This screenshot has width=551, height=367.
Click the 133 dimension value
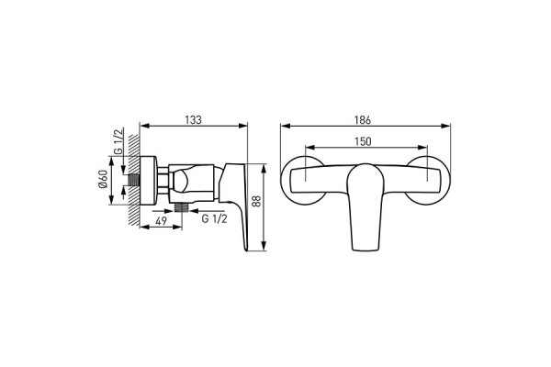point(193,120)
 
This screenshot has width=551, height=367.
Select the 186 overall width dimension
point(363,120)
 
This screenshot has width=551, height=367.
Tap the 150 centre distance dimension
point(363,141)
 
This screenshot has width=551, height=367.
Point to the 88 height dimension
point(257,201)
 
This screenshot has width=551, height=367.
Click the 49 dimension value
point(161,221)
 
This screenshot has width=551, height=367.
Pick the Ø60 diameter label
point(103,179)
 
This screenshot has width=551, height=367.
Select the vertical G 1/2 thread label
point(118,141)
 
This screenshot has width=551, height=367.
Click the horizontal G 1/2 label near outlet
point(214,218)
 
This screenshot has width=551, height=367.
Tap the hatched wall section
point(134,180)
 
